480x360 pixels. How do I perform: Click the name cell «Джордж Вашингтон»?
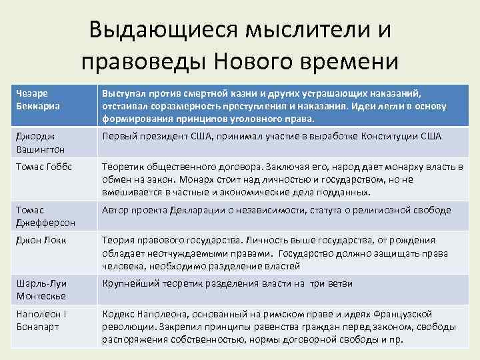[43, 142]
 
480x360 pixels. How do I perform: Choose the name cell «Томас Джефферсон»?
[43, 216]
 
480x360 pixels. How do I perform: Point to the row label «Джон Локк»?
[40, 241]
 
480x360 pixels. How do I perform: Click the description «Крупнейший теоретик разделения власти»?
[227, 284]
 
